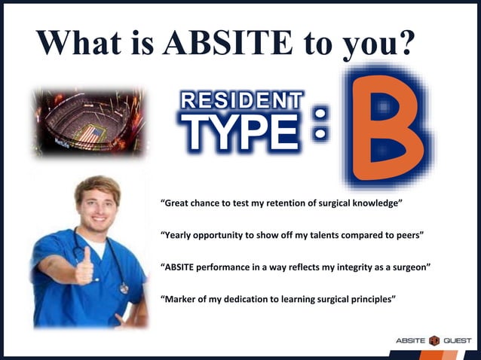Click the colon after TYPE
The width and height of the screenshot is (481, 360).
(320, 123)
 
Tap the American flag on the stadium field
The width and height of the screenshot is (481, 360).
(91, 134)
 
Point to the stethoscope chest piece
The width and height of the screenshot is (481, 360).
(124, 288)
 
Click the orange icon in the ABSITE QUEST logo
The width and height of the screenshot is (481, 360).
(434, 341)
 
